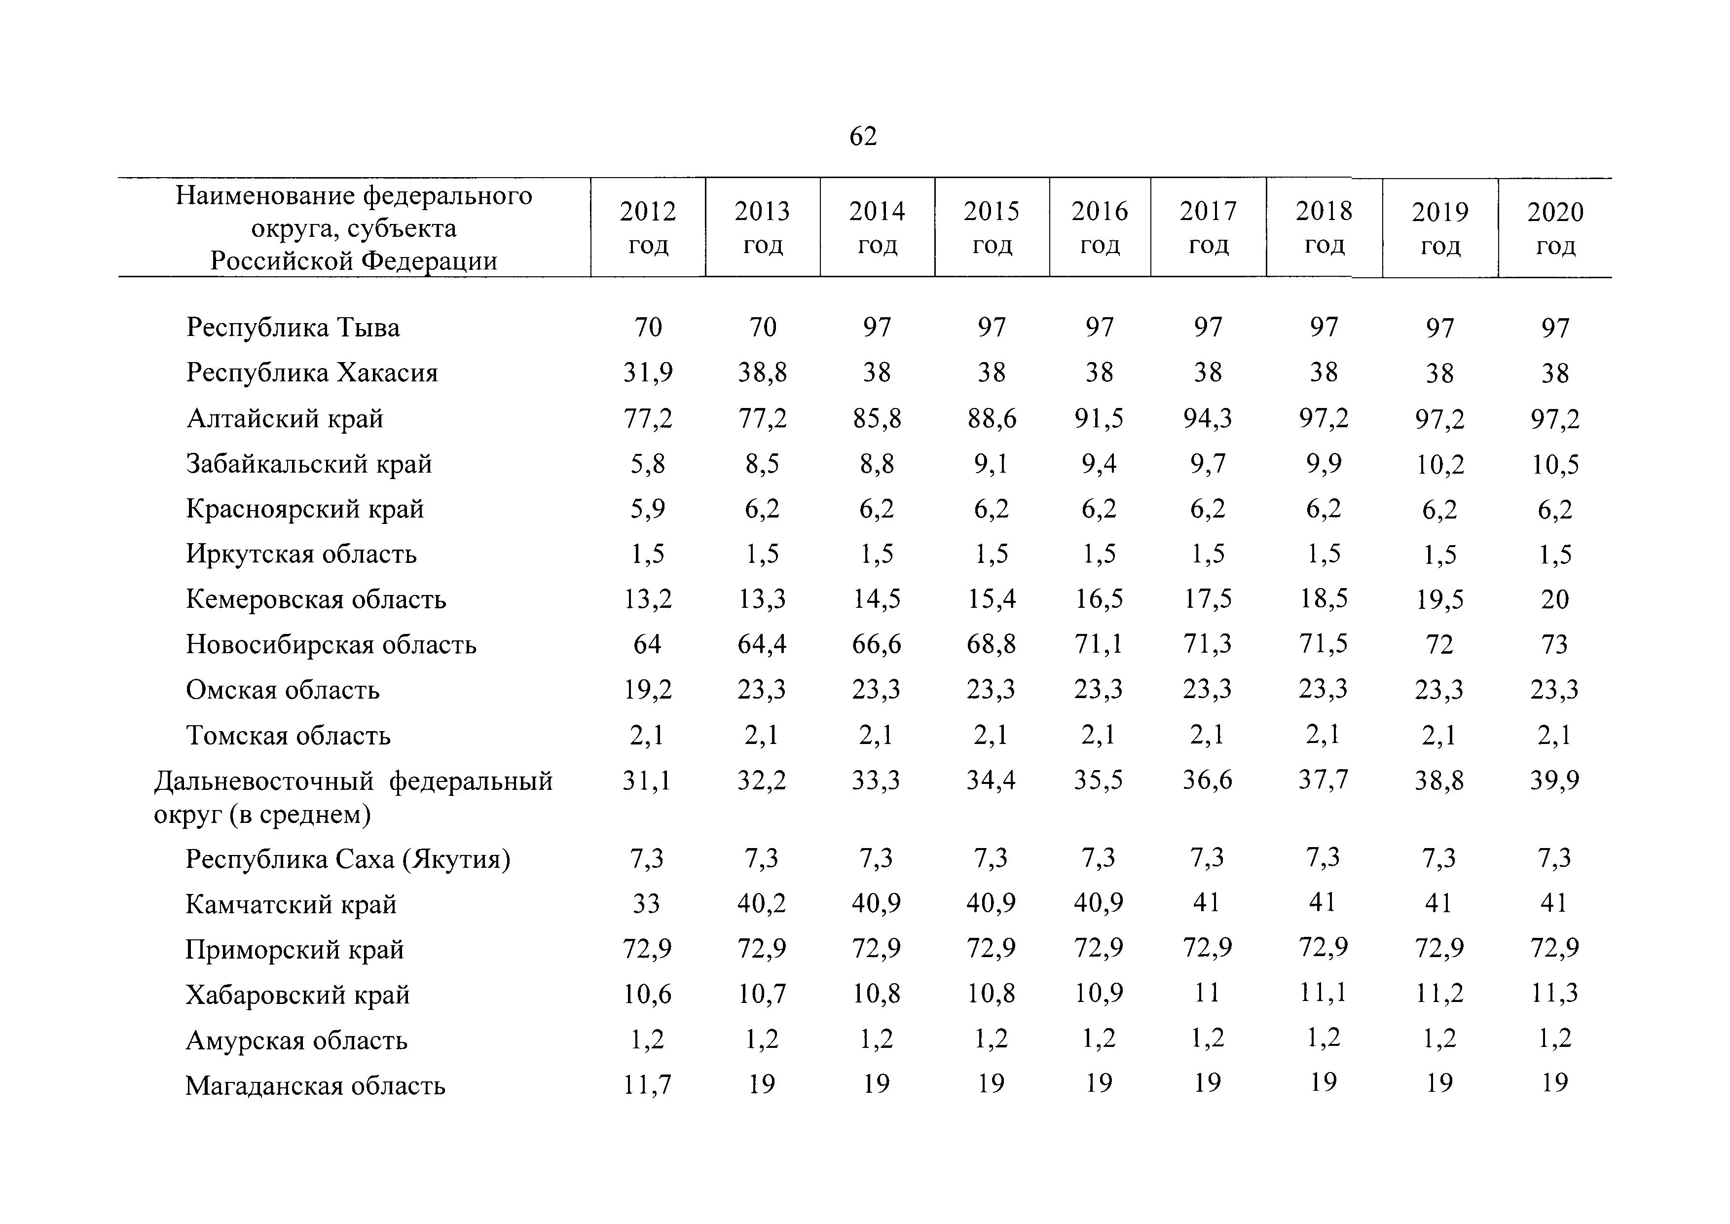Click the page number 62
(863, 137)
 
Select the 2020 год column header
(1555, 228)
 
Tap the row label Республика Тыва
(293, 328)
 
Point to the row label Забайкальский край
(309, 464)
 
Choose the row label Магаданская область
(315, 1085)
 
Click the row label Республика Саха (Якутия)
(347, 859)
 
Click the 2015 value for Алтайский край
(992, 418)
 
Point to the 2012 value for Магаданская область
(647, 1084)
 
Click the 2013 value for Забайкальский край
(762, 464)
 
